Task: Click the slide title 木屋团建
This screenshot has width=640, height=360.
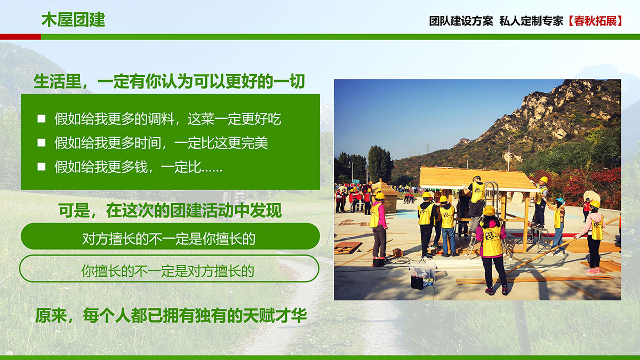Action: [x=74, y=20]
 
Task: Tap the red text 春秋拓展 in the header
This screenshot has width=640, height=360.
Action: [x=595, y=21]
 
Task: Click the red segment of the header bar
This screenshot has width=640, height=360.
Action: [x=20, y=37]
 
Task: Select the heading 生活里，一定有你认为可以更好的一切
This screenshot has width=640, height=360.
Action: [x=169, y=82]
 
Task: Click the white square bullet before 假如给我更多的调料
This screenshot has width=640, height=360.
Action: [x=42, y=118]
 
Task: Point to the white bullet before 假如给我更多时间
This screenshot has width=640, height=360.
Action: [x=42, y=142]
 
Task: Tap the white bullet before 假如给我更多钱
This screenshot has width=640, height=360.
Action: [x=42, y=166]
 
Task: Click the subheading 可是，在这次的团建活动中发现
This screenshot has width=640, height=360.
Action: [x=170, y=211]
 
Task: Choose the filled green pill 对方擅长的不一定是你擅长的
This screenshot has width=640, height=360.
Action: [x=170, y=236]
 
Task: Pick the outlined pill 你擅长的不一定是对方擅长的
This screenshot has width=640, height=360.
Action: [x=169, y=269]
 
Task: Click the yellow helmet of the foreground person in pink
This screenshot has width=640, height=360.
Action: [x=489, y=211]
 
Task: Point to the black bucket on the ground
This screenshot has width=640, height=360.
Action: [x=417, y=282]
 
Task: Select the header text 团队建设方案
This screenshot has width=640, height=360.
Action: [x=461, y=21]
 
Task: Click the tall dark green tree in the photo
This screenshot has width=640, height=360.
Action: [x=380, y=164]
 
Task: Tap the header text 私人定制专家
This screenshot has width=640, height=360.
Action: [x=531, y=21]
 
